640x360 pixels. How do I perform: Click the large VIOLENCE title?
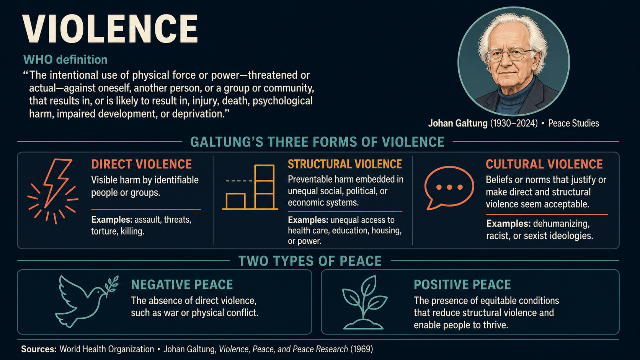[110, 29]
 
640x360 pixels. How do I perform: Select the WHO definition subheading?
[65, 60]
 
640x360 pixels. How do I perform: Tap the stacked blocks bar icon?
[250, 187]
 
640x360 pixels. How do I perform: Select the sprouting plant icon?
[364, 302]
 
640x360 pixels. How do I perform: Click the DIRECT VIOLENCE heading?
[141, 164]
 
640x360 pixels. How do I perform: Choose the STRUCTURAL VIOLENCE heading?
[344, 164]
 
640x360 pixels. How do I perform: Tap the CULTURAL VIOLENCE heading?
[544, 164]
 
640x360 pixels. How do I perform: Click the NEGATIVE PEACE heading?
[182, 285]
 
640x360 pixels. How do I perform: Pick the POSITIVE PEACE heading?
[462, 285]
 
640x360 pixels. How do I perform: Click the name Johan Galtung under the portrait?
[458, 123]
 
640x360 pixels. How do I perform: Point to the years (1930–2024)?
[514, 123]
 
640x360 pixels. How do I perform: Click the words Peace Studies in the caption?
[573, 123]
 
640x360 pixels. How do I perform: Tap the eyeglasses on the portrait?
[510, 55]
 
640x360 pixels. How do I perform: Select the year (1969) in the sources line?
[362, 349]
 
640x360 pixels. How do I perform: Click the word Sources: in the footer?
[39, 349]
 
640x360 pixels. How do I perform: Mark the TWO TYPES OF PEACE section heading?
[310, 261]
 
